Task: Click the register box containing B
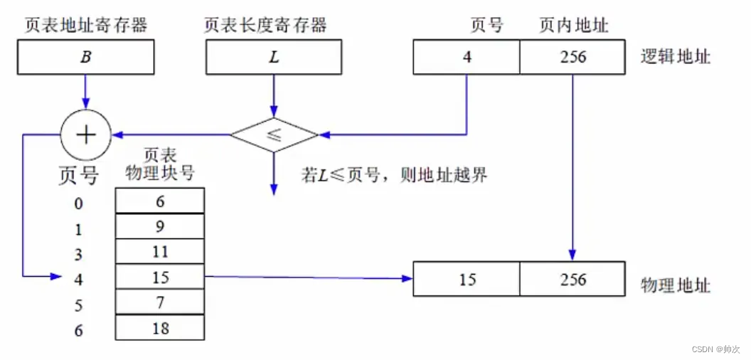pyautogui.click(x=85, y=57)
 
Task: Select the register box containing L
pyautogui.click(x=275, y=57)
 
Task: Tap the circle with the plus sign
pyautogui.click(x=85, y=134)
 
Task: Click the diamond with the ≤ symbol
pyautogui.click(x=274, y=134)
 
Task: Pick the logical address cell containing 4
pyautogui.click(x=467, y=57)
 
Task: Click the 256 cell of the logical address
pyautogui.click(x=572, y=57)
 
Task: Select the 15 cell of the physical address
pyautogui.click(x=467, y=279)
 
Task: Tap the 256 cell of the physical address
pyautogui.click(x=572, y=279)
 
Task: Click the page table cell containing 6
pyautogui.click(x=160, y=202)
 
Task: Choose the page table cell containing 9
pyautogui.click(x=160, y=227)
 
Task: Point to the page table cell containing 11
pyautogui.click(x=160, y=252)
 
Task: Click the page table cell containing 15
pyautogui.click(x=160, y=277)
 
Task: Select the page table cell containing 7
pyautogui.click(x=160, y=302)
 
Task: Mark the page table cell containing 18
pyautogui.click(x=160, y=327)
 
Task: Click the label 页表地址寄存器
pyautogui.click(x=85, y=26)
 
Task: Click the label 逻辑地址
pyautogui.click(x=676, y=58)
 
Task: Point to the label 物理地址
pyautogui.click(x=676, y=285)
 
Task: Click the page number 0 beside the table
pyautogui.click(x=78, y=204)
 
